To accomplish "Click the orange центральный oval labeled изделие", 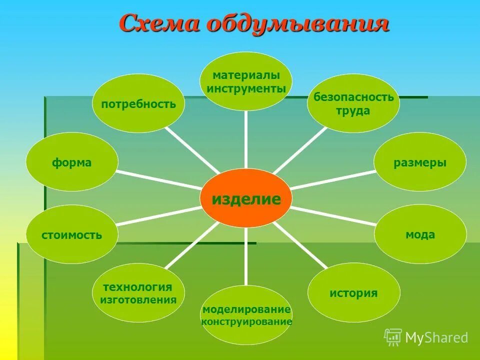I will coord(245,198).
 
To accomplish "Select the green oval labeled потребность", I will coord(138,103).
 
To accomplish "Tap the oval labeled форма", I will coord(72,162).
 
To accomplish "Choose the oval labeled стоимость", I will coord(72,234).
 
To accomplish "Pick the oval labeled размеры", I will coord(420,162).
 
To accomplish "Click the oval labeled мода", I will coord(420,234).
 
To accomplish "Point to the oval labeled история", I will coord(353,292).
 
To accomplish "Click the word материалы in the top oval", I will coord(246,75).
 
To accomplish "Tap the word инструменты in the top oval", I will coord(246,88).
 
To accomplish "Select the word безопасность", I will coord(353,97).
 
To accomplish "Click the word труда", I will coord(353,110).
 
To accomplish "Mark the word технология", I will coord(137,287).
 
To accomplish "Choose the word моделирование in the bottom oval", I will coord(246,309).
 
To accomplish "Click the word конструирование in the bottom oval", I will coord(246,322).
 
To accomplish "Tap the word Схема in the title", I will coord(159,23).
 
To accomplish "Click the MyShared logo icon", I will coord(393,337).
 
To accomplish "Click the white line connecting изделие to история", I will coord(300,245).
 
